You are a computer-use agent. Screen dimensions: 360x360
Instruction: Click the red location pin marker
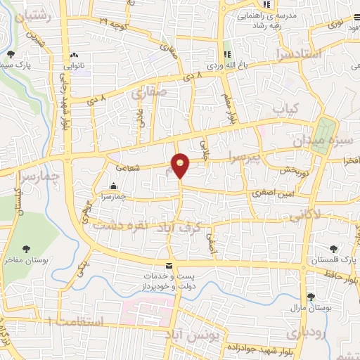181,165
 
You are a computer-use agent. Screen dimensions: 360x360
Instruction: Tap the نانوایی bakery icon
73,56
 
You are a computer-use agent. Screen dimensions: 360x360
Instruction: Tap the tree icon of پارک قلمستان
335,249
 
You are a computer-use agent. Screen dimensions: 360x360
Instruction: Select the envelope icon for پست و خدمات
168,266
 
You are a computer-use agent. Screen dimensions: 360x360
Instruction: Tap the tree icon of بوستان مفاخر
26,248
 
